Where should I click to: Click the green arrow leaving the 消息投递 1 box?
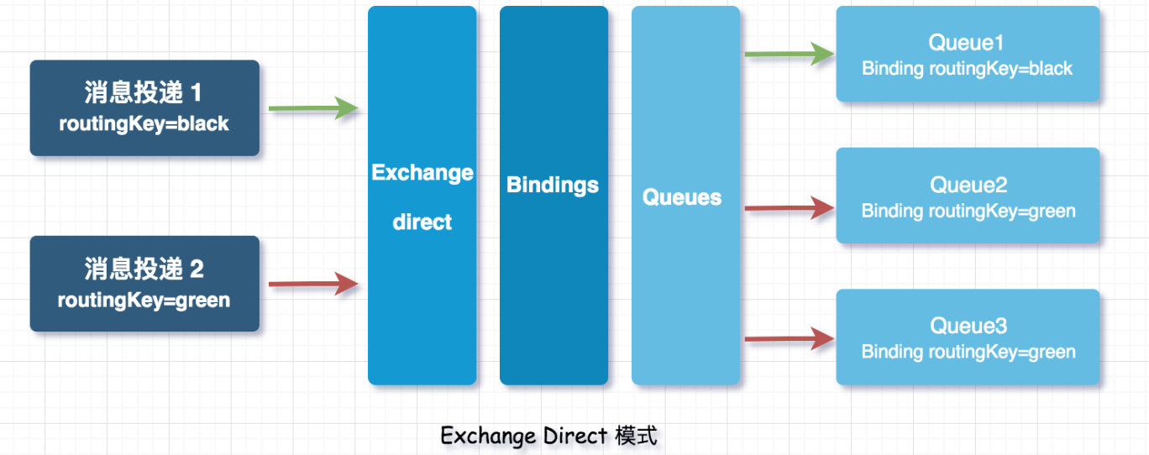[x=313, y=108]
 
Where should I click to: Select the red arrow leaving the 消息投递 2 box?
[x=313, y=284]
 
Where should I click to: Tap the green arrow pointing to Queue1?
[x=790, y=54]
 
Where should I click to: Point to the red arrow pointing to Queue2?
[x=790, y=207]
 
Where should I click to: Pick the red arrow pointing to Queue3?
[x=790, y=338]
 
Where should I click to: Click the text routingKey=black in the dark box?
[x=144, y=124]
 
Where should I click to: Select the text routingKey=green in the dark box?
[x=144, y=301]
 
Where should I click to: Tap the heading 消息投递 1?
[x=143, y=93]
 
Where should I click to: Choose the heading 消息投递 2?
[x=144, y=269]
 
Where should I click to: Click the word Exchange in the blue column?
[x=422, y=173]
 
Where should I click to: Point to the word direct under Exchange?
[x=422, y=222]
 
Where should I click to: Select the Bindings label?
[x=553, y=186]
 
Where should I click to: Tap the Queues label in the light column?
[x=682, y=197]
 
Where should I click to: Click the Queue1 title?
[x=967, y=43]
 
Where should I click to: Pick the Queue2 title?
[x=968, y=185]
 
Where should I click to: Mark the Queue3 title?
[x=968, y=326]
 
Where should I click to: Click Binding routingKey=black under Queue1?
[x=967, y=69]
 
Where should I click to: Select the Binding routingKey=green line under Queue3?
[x=968, y=353]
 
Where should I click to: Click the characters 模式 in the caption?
[x=636, y=436]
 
